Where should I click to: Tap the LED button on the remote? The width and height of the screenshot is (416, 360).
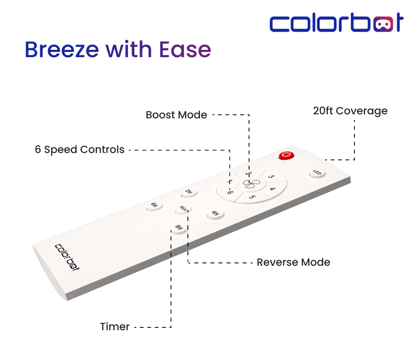click(x=317, y=173)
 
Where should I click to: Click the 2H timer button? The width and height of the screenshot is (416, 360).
click(x=189, y=192)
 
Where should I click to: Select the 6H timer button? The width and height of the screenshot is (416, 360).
click(x=154, y=206)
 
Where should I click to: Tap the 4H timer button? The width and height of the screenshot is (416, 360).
click(x=215, y=214)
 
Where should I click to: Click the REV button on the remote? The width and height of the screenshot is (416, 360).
click(x=183, y=209)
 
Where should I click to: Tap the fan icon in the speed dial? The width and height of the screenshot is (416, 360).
click(x=251, y=184)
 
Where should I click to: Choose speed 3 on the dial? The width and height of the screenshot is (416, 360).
click(x=271, y=176)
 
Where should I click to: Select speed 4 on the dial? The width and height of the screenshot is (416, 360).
click(x=273, y=189)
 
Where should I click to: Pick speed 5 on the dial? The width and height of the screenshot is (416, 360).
click(x=252, y=197)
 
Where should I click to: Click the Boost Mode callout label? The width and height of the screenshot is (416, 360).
click(x=177, y=115)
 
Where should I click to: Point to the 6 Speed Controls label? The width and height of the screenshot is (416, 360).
click(x=80, y=149)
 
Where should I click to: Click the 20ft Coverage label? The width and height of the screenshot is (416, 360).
click(x=350, y=111)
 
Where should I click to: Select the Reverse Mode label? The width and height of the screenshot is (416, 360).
click(x=293, y=262)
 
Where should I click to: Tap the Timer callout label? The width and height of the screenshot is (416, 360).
click(x=115, y=327)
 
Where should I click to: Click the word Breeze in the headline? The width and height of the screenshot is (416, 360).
click(x=62, y=50)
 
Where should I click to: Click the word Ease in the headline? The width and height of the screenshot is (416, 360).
click(x=185, y=50)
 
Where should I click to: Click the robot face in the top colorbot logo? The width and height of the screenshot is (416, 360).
click(x=383, y=24)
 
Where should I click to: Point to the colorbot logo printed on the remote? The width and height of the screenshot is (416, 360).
click(x=67, y=257)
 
